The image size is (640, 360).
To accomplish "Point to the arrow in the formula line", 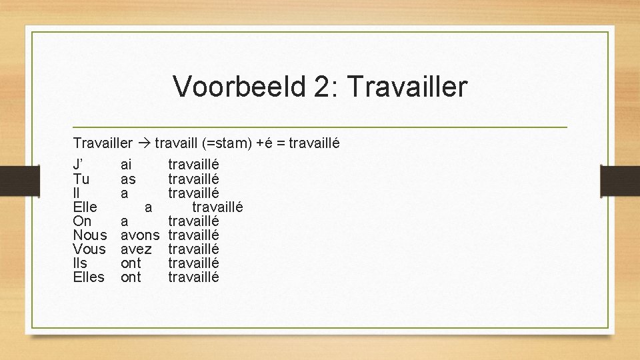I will (x=143, y=143).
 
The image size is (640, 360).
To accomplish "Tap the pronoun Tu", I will (x=81, y=179).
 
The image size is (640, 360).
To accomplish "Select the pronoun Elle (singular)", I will (x=85, y=207).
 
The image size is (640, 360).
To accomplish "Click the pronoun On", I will (x=82, y=221).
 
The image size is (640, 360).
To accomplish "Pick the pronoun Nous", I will (x=89, y=235).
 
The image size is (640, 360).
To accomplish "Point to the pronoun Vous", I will (x=89, y=249).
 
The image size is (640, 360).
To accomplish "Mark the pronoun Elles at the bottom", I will (x=89, y=277).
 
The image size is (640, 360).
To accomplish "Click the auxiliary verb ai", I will (x=126, y=164).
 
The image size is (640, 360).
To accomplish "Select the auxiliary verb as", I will (x=128, y=179).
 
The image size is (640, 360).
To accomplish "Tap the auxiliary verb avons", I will (x=140, y=235).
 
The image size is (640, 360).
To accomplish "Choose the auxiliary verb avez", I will (x=136, y=249).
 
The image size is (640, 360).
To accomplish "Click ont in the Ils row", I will (x=131, y=263).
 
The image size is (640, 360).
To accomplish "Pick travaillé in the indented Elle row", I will (x=217, y=207).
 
